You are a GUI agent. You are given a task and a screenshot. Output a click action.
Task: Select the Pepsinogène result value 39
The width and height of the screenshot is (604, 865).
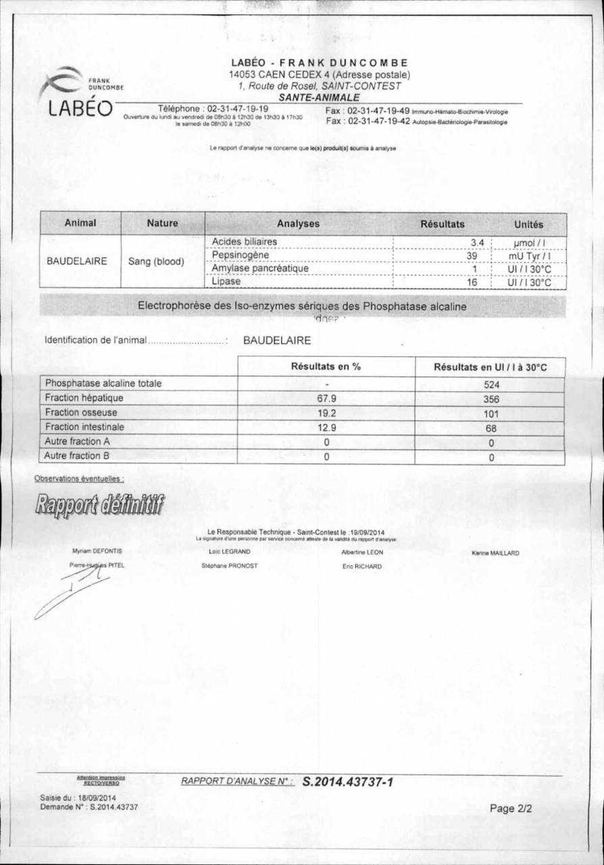(472, 255)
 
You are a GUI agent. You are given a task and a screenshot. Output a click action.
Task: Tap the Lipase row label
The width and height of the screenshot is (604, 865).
(226, 282)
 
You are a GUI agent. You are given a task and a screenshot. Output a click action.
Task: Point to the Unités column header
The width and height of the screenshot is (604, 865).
(528, 224)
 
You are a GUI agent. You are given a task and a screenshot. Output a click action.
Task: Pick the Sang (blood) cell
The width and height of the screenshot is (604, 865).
(156, 262)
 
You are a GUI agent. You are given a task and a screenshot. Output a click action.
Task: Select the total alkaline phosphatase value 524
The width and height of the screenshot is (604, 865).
(491, 383)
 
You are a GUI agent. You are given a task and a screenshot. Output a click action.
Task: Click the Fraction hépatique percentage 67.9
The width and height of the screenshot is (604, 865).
(327, 398)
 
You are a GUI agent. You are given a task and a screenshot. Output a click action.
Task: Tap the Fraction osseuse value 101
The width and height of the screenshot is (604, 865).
(491, 413)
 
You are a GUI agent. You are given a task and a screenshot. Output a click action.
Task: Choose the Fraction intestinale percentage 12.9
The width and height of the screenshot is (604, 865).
(327, 428)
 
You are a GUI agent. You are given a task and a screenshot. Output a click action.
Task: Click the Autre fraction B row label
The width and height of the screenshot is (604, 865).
(78, 456)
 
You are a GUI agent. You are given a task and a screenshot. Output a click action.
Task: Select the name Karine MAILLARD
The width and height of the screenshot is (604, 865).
(495, 553)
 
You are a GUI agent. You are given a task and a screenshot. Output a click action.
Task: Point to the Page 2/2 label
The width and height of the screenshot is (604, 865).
(511, 809)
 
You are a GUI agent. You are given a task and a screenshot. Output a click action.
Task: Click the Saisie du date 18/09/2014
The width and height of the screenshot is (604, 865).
(93, 798)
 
